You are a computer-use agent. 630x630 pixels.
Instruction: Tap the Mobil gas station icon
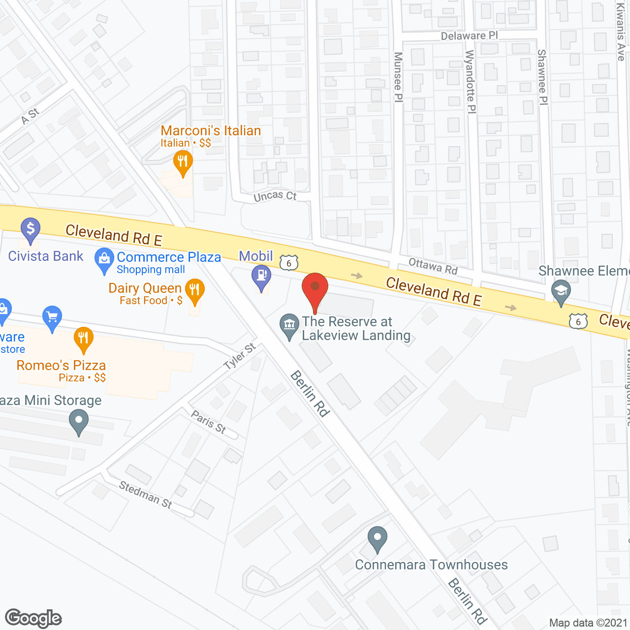point(261,277)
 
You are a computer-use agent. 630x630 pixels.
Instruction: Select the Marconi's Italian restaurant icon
point(183,162)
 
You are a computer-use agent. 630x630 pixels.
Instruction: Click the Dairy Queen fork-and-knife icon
point(195,290)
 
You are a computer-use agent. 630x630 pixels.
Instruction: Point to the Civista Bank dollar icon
point(31,230)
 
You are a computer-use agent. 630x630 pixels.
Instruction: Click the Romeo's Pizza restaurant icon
point(84,338)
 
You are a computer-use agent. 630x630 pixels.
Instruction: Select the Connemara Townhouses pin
point(378,538)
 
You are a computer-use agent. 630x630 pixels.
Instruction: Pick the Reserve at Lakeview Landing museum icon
point(289,325)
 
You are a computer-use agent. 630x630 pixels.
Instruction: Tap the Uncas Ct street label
point(275,196)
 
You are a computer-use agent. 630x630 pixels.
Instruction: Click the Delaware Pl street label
point(469,36)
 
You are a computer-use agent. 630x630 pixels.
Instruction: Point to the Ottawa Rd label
point(433,266)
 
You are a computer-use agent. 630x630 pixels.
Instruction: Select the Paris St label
point(209,422)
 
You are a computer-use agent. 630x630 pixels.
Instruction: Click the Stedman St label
point(146,494)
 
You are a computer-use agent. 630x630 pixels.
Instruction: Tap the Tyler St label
point(240,356)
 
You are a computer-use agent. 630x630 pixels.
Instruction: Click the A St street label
point(30,116)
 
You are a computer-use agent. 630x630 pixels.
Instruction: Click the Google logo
point(33,618)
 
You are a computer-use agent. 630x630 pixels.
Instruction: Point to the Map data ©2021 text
point(588,623)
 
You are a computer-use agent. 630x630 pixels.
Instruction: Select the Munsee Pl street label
point(398,77)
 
